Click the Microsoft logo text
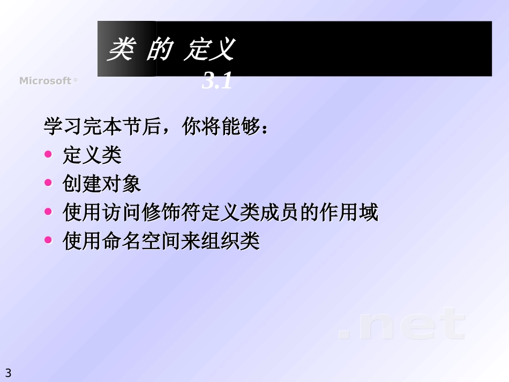pyautogui.click(x=46, y=81)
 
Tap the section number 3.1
pyautogui.click(x=217, y=82)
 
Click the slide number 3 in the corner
pyautogui.click(x=8, y=373)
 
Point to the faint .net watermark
pyautogui.click(x=402, y=325)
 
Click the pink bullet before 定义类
pyautogui.click(x=48, y=155)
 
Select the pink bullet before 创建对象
pyautogui.click(x=48, y=183)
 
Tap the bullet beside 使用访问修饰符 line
pyautogui.click(x=48, y=212)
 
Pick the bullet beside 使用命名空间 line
pyautogui.click(x=48, y=241)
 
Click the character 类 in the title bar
pyautogui.click(x=121, y=50)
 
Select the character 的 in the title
pyautogui.click(x=158, y=50)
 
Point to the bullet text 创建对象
pyautogui.click(x=102, y=184)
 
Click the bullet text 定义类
pyautogui.click(x=92, y=155)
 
